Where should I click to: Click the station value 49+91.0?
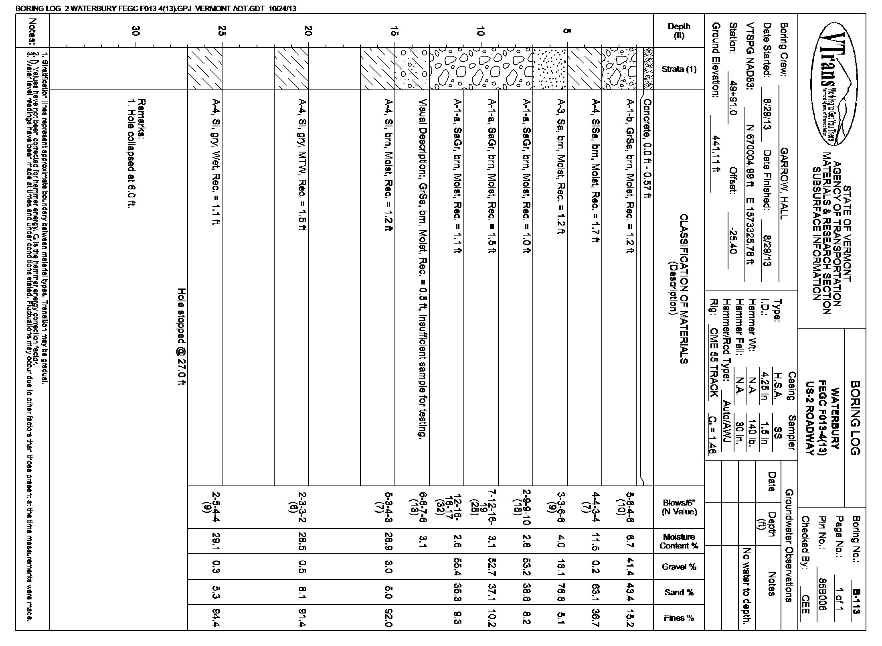(732, 104)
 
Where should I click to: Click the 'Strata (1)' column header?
(679, 69)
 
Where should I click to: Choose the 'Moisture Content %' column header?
(679, 541)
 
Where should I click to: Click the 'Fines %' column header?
(679, 618)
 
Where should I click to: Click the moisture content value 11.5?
(596, 541)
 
